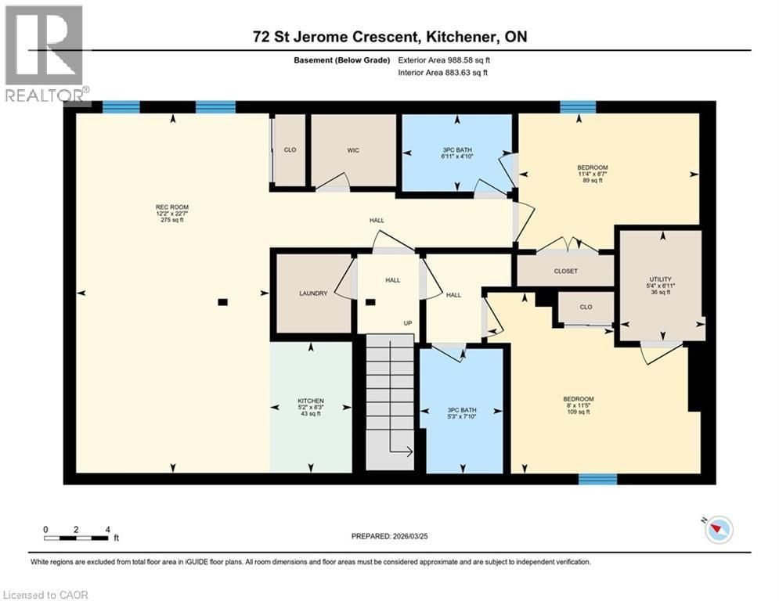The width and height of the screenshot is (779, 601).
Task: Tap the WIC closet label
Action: coord(353,150)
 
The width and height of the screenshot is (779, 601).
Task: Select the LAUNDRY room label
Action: coord(312,294)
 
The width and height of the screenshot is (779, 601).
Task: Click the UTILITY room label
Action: coord(660,279)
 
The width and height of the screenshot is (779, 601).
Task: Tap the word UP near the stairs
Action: coord(408,322)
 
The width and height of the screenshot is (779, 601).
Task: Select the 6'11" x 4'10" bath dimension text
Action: coord(457,156)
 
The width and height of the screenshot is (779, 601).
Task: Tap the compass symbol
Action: coord(717,530)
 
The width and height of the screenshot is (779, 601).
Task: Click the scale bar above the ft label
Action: coord(76,538)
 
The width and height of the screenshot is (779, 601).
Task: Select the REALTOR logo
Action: coord(45,55)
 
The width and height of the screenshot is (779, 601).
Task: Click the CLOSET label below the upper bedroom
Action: coord(565,271)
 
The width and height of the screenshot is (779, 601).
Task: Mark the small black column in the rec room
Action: coord(222,301)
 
